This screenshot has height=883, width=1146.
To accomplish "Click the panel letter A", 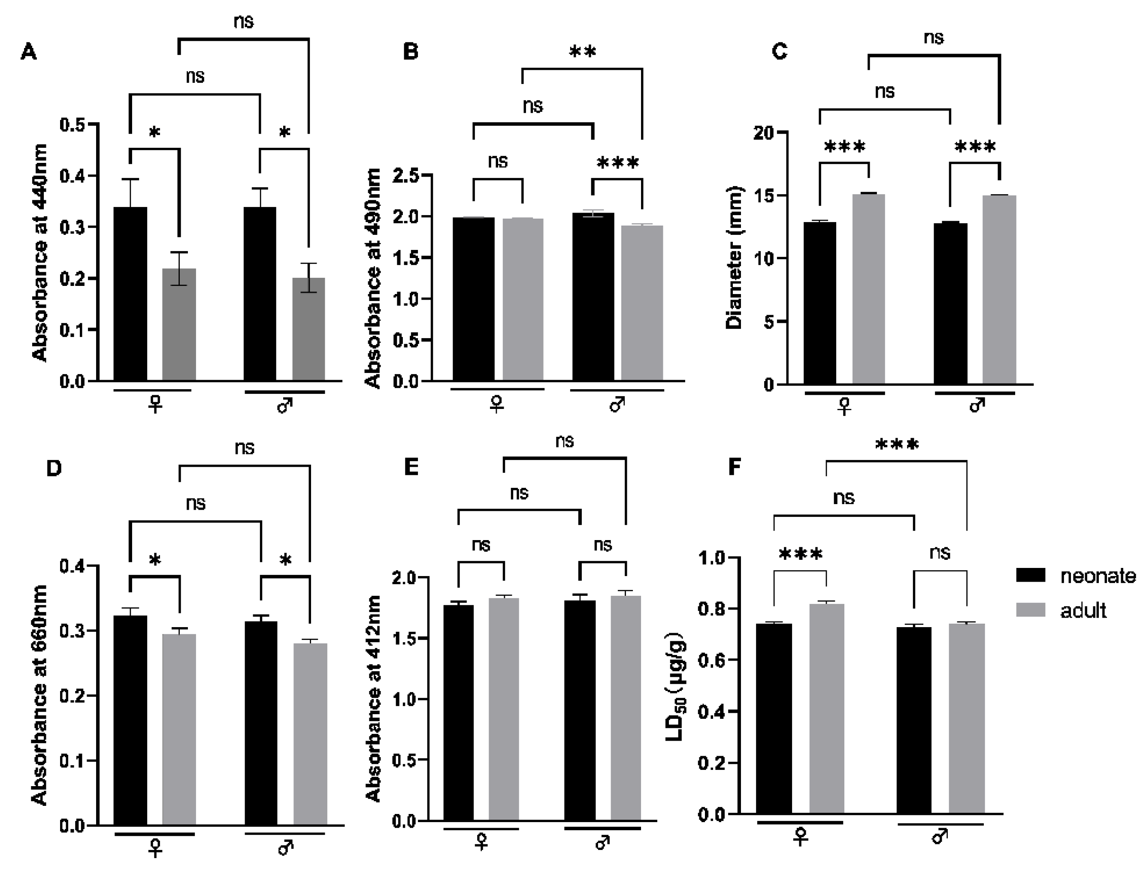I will [x=28, y=52].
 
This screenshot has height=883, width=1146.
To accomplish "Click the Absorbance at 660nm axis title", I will [x=40, y=695].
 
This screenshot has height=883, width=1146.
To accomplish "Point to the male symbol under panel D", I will [x=285, y=847].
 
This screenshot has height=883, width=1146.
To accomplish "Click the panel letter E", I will [x=411, y=467].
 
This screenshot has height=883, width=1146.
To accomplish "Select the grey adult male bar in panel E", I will [x=626, y=708].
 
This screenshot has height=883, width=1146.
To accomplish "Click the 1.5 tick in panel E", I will [x=405, y=639].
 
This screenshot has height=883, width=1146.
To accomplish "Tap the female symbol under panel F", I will [x=800, y=837].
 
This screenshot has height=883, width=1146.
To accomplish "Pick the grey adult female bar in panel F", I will [x=826, y=708].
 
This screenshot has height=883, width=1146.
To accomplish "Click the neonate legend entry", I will [x=1097, y=576].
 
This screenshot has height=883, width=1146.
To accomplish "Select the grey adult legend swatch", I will [x=1031, y=610].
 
